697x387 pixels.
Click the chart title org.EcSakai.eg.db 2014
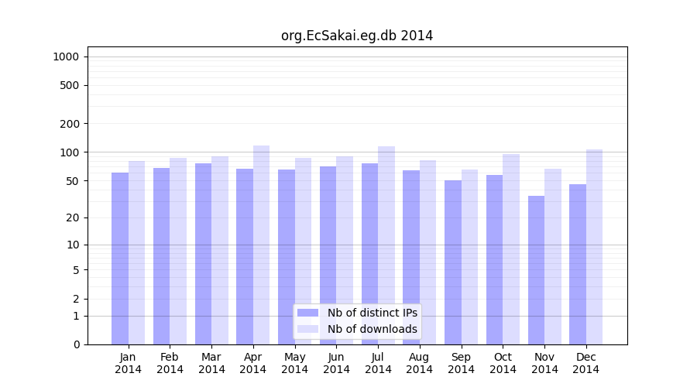point(357,36)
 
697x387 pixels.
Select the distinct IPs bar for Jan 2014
point(120,259)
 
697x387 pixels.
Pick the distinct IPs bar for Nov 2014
point(537,270)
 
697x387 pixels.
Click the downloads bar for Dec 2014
point(595,247)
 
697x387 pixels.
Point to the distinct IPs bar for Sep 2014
point(453,262)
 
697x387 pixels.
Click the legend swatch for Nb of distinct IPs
point(307,313)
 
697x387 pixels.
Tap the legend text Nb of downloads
point(373,329)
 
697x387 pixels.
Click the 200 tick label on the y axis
point(69,124)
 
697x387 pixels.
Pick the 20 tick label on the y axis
point(72,217)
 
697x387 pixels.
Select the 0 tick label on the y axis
point(75,344)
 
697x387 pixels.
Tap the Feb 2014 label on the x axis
point(170,363)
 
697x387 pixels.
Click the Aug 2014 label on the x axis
point(420,363)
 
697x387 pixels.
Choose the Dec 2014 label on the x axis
point(586,363)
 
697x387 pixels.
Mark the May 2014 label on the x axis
point(295,363)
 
